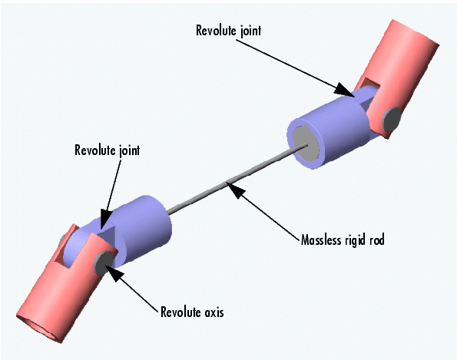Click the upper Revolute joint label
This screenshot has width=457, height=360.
pos(229,31)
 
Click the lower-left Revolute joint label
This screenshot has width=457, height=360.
pos(108,150)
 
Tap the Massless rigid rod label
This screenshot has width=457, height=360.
pos(343,240)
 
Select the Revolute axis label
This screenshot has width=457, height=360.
pos(192,312)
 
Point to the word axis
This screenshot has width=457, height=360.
pos(214,312)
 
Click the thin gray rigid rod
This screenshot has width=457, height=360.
pos(237,178)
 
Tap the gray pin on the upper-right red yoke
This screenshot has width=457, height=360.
pos(392,120)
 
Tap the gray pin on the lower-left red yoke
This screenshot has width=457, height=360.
pos(104,263)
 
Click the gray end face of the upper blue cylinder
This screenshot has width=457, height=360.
pos(305,144)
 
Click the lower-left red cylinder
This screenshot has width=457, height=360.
pos(64,286)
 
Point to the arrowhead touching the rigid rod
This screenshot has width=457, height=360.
pos(237,190)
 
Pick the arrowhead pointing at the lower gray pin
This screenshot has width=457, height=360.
pos(115,273)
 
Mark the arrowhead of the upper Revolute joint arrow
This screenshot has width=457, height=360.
pos(343,90)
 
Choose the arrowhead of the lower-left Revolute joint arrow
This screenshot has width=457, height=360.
pos(106,219)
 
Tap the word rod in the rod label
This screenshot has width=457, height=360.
pos(377,240)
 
